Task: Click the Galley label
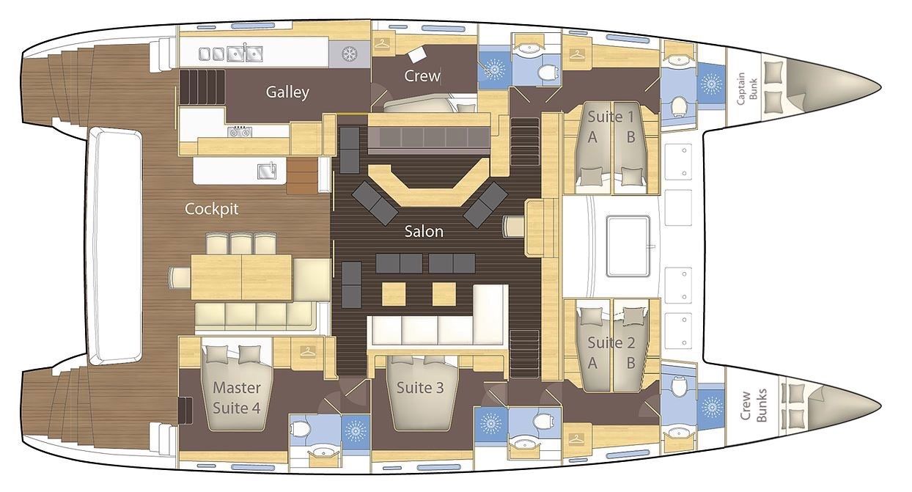click(287, 92)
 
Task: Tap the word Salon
click(424, 232)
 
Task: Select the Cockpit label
click(211, 209)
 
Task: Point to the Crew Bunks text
click(753, 405)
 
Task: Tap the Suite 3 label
click(420, 388)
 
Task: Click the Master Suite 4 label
click(237, 397)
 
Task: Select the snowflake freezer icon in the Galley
click(349, 54)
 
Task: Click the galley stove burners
click(240, 131)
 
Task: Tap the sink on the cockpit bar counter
click(267, 171)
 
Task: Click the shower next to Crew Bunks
click(711, 407)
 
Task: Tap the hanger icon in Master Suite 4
click(308, 350)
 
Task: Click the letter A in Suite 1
click(592, 137)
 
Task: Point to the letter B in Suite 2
click(630, 363)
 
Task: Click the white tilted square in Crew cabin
click(417, 54)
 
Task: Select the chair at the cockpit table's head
click(180, 278)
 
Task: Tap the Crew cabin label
click(422, 76)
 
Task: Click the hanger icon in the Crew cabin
click(382, 43)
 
